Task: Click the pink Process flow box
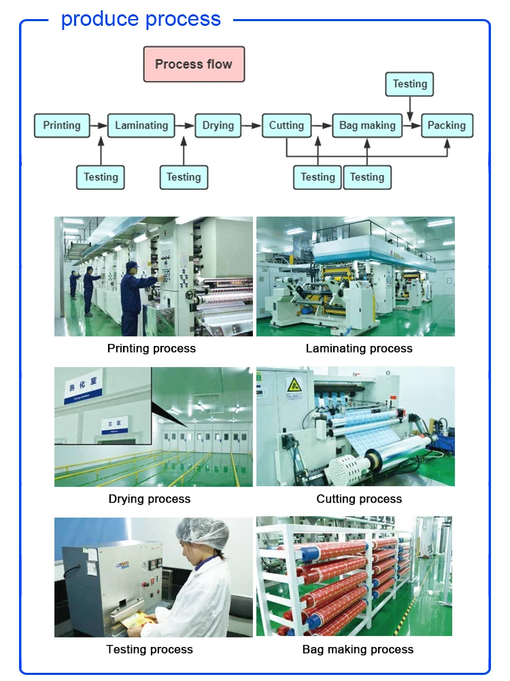tap(194, 65)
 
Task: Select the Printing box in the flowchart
tap(62, 125)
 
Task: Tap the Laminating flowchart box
tap(141, 125)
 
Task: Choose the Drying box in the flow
tap(218, 125)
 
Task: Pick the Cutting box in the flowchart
tap(286, 125)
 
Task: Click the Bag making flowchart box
tap(367, 125)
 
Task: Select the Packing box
tap(447, 125)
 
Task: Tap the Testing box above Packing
tap(409, 84)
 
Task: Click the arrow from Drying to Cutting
tap(252, 125)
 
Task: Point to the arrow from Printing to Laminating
tap(99, 125)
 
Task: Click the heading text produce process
tap(141, 19)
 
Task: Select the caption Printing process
tap(152, 349)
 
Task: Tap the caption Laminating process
tap(359, 349)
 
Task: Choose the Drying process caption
tap(150, 499)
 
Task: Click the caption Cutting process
tap(359, 499)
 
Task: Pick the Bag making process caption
tap(358, 650)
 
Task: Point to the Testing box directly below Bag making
tap(367, 177)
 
